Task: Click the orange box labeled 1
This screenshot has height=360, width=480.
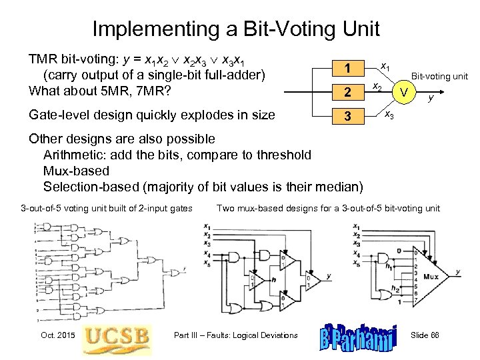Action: pyautogui.click(x=348, y=68)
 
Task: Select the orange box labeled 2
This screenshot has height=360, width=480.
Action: pyautogui.click(x=348, y=92)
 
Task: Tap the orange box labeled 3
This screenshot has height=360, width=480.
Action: pyautogui.click(x=348, y=116)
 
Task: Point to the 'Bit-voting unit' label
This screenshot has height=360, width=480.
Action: pyautogui.click(x=439, y=76)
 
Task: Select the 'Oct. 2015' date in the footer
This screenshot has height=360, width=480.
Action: pyautogui.click(x=54, y=335)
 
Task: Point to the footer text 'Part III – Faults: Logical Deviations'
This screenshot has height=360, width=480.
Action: pyautogui.click(x=235, y=335)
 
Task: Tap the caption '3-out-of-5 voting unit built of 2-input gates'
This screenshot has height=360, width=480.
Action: pyautogui.click(x=107, y=209)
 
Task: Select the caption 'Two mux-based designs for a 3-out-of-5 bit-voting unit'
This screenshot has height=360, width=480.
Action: pyautogui.click(x=328, y=209)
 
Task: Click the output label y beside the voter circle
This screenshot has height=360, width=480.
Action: pyautogui.click(x=431, y=98)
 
